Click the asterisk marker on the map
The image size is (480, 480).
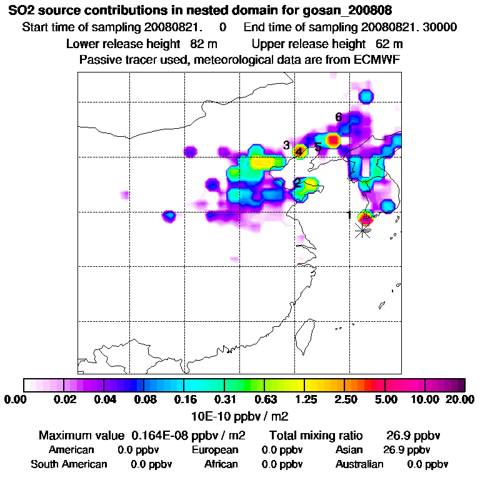(x=362, y=231)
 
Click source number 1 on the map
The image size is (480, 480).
(x=349, y=215)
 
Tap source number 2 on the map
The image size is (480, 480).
(x=298, y=182)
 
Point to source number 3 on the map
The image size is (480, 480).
(x=286, y=145)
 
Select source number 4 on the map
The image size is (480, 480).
(x=299, y=151)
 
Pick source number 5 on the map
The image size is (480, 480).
(x=317, y=147)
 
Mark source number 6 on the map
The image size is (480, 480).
(x=338, y=117)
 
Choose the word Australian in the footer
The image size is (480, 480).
(x=360, y=464)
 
